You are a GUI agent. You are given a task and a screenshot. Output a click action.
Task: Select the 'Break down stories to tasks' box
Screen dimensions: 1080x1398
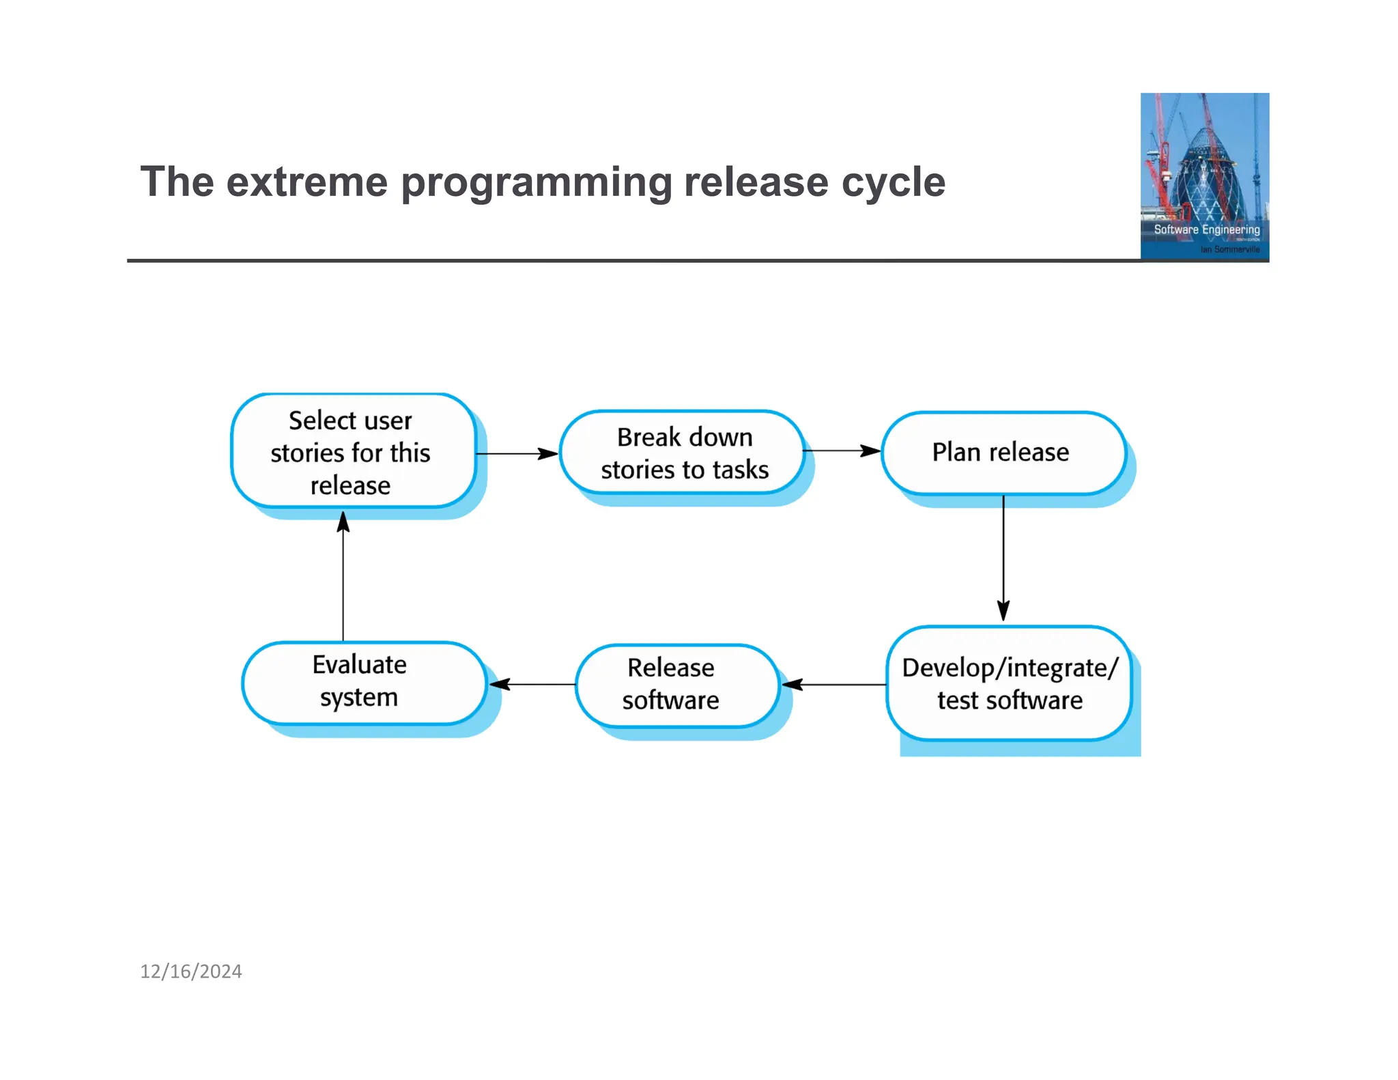(x=683, y=452)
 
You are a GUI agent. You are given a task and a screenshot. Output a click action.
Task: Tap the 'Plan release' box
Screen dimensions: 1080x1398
(x=1002, y=452)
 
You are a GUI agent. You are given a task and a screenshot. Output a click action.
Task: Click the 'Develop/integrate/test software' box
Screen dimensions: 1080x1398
(x=1009, y=683)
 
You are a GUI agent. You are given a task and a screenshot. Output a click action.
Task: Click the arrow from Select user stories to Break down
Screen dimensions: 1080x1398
(x=517, y=453)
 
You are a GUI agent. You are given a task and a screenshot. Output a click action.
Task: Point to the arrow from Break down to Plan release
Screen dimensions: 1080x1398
(x=842, y=451)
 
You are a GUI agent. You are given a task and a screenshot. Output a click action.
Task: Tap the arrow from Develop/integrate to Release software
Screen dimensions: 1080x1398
(x=833, y=684)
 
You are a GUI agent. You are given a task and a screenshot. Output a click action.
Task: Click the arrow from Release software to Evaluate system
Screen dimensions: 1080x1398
(x=532, y=684)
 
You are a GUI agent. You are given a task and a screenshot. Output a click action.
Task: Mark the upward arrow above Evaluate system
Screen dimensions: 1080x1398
(x=343, y=577)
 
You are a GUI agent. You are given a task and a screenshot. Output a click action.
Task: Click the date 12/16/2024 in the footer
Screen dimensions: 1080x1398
(x=191, y=971)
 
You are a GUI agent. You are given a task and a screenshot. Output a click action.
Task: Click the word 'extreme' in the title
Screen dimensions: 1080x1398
(x=306, y=182)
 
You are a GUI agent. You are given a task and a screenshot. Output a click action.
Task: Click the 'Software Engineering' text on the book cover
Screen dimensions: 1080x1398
(x=1206, y=229)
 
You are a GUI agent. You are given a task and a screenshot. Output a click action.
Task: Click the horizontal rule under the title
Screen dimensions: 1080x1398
(x=614, y=260)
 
